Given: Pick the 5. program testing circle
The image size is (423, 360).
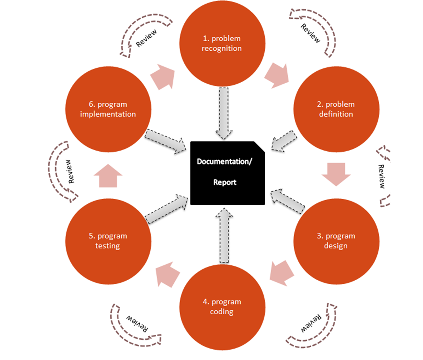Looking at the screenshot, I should [108, 241].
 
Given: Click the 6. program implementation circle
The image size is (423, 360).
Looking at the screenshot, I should [108, 109].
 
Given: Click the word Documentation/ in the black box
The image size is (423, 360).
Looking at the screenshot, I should [224, 162].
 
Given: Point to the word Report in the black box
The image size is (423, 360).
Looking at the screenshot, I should [225, 182].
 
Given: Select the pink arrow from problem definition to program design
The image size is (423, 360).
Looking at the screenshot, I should [336, 174].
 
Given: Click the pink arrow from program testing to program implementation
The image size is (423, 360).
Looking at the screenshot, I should [107, 175].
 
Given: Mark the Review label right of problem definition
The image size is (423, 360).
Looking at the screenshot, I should [382, 177].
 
